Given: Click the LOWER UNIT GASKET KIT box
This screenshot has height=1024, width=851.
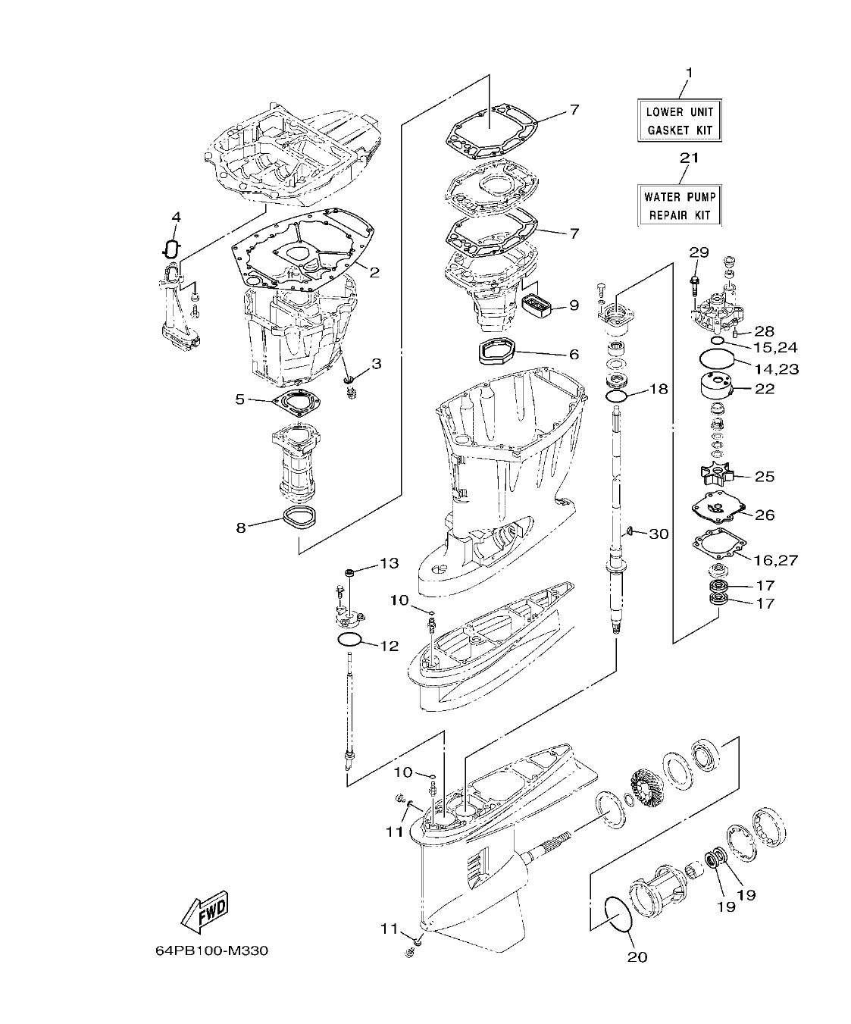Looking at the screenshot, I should [679, 121].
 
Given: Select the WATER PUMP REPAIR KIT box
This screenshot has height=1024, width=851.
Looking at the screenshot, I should [679, 205].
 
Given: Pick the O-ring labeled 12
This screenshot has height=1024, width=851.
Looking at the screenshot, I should [349, 640].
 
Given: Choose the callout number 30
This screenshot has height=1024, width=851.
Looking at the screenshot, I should [659, 534].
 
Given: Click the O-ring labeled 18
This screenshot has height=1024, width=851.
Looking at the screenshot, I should [616, 396].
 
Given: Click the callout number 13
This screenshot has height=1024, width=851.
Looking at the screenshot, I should [388, 563].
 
